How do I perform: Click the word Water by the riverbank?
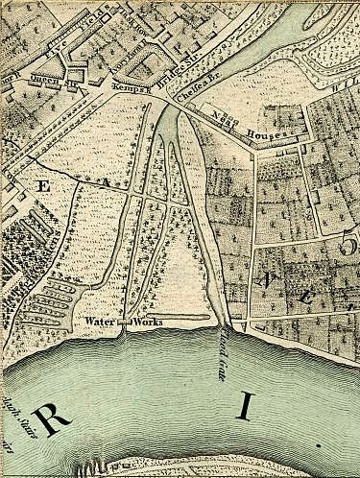[x=99, y=321]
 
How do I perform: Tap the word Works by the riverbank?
[x=146, y=321]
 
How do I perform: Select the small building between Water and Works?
[x=122, y=323]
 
